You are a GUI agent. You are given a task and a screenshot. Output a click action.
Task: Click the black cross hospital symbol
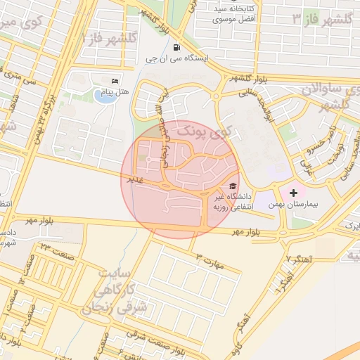point(293,192)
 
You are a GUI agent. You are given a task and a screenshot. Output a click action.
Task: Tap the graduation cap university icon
point(231,186)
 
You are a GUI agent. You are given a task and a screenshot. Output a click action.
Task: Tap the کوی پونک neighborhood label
point(204,131)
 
